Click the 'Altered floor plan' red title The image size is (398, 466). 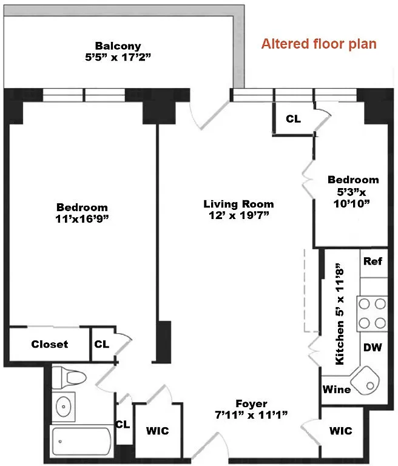pos(319,44)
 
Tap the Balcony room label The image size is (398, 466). pos(118,46)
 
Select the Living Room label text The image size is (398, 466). pos(238,204)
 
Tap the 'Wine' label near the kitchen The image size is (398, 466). pos(337,389)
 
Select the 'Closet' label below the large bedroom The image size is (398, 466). pos(50,344)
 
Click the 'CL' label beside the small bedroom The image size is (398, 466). pos(293,119)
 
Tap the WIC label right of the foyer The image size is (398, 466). pos(341,431)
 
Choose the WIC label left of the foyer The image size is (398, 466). pos(157,431)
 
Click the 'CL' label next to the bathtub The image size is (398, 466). pos(123,424)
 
